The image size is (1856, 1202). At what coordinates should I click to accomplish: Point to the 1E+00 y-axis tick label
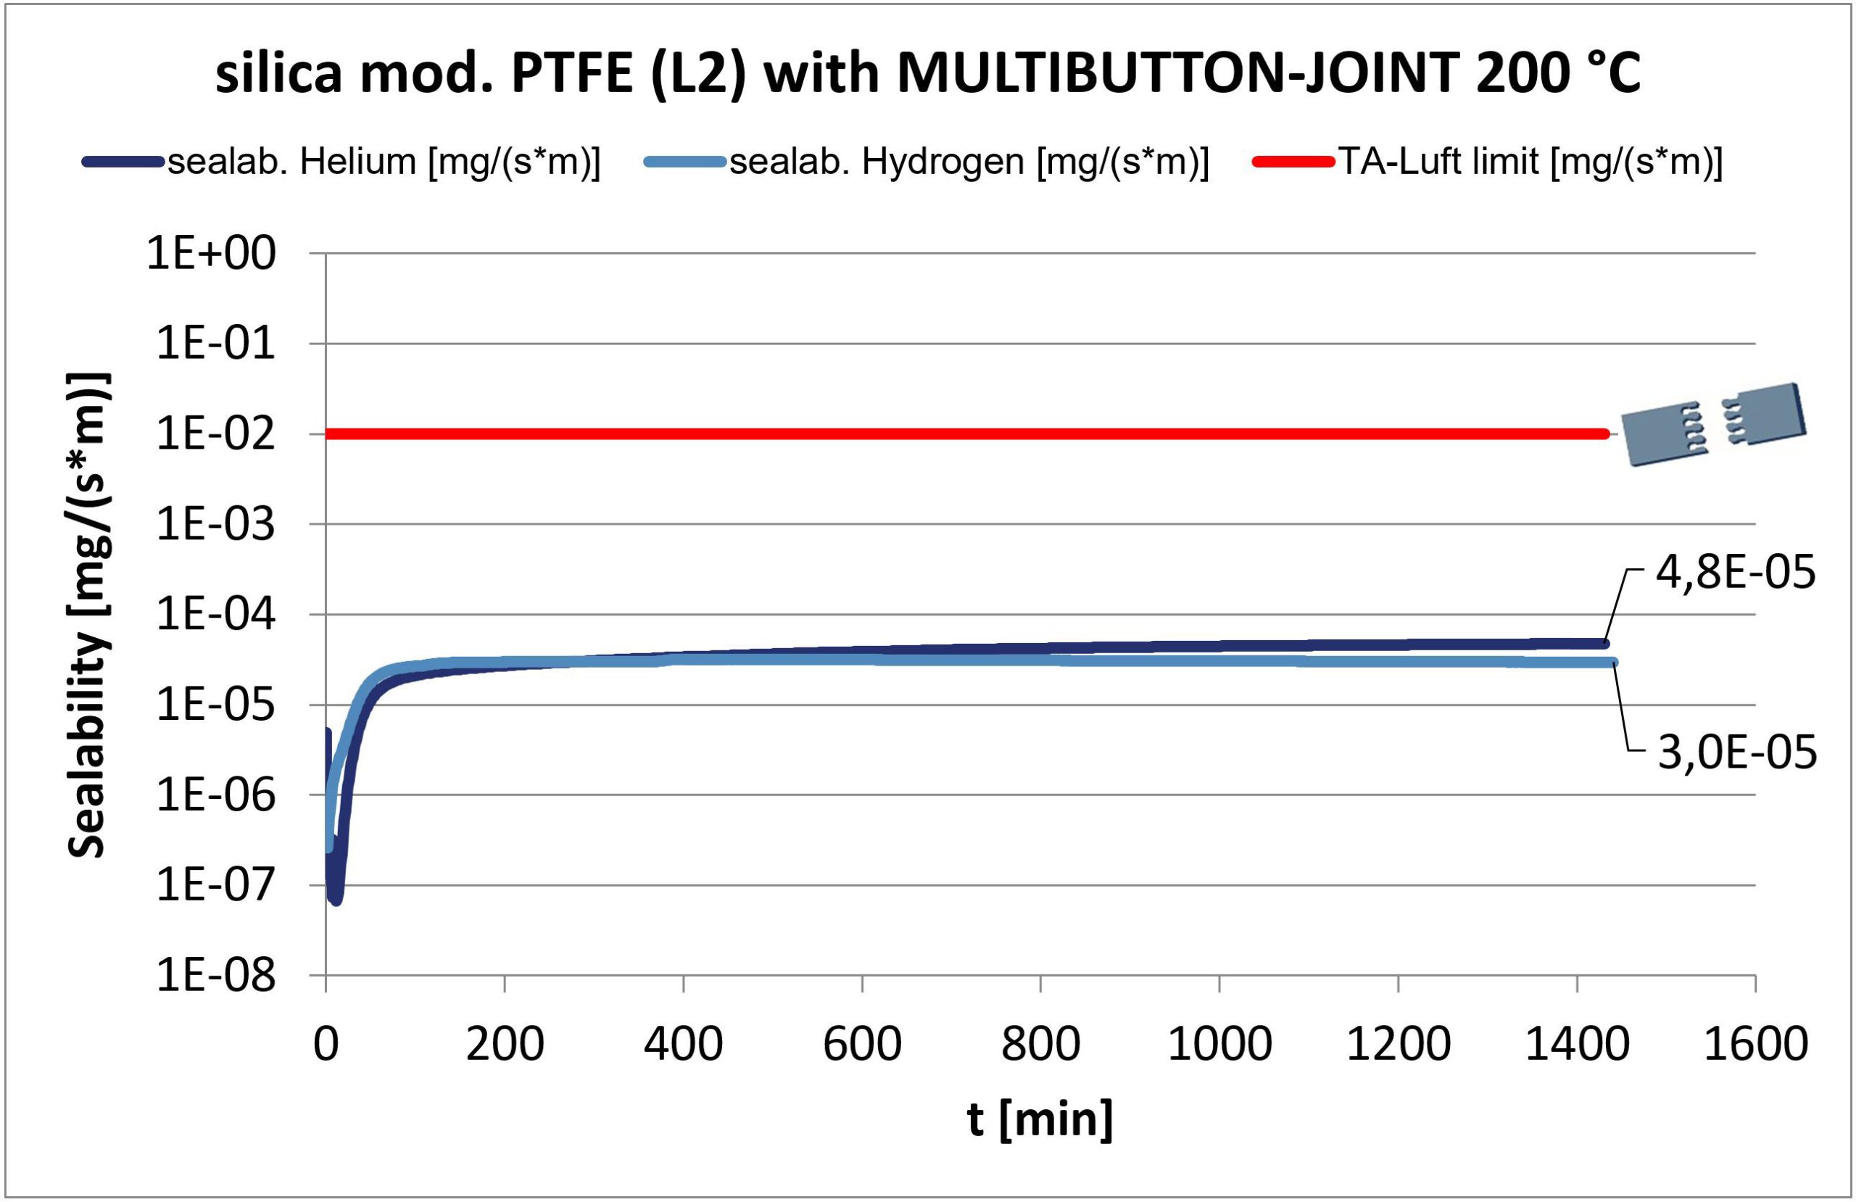coord(211,254)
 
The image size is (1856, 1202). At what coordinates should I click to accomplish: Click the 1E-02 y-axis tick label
coord(216,434)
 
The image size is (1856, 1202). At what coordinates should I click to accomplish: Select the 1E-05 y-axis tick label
coord(216,705)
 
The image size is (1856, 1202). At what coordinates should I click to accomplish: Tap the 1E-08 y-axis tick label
coord(216,976)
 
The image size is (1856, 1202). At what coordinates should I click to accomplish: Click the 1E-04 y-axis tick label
coord(216,615)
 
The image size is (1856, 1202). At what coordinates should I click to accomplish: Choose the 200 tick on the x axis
coord(505,1044)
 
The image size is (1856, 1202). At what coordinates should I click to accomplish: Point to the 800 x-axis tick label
coord(1040,1044)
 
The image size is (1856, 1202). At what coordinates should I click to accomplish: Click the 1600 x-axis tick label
coord(1755,1044)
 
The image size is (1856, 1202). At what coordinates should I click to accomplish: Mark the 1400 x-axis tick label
coord(1577,1044)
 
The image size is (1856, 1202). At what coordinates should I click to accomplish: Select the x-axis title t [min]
coord(1040,1120)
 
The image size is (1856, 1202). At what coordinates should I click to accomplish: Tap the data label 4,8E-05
coord(1735,573)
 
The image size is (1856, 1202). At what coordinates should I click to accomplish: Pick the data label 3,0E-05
coord(1736,753)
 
